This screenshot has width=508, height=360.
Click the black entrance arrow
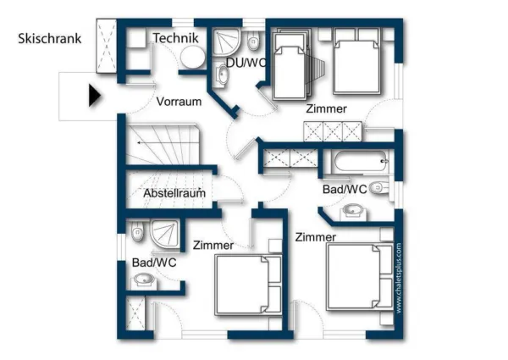(94, 95)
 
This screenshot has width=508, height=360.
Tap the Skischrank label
(49, 38)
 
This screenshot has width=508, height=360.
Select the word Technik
(175, 38)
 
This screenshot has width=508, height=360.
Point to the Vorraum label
(179, 102)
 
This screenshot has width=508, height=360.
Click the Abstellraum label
(174, 193)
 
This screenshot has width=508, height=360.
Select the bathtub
(359, 158)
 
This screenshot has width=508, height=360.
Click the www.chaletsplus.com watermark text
(398, 280)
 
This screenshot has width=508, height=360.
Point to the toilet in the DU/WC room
(253, 42)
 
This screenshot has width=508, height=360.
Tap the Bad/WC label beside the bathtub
(344, 189)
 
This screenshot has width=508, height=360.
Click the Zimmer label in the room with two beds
(327, 110)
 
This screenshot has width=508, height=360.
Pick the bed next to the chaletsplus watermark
(359, 282)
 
